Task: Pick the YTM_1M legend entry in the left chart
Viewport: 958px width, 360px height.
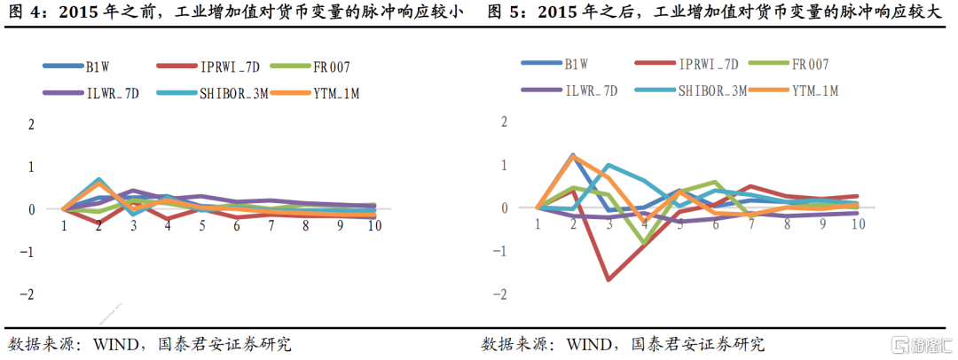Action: (x=334, y=92)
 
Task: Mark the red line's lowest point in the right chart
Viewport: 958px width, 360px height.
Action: (x=609, y=280)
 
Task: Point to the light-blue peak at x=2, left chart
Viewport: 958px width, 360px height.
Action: (x=98, y=179)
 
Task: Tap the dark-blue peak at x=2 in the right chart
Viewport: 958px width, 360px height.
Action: (x=573, y=155)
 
